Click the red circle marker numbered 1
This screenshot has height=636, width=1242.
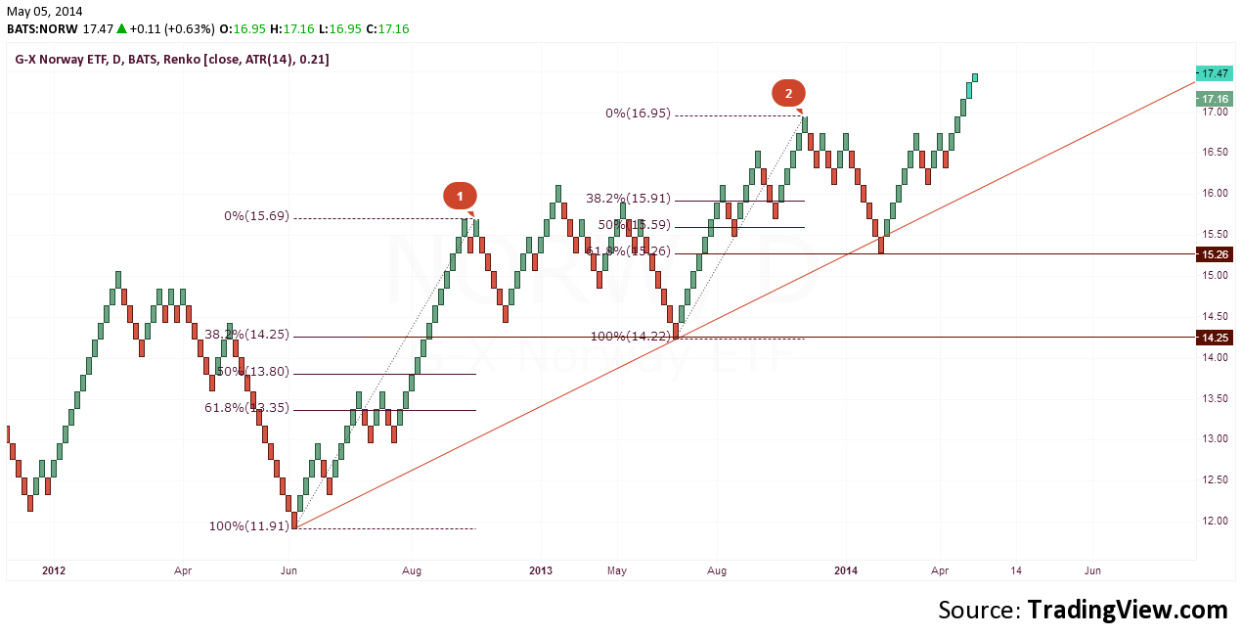coord(460,196)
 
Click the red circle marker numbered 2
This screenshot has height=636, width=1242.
coord(788,93)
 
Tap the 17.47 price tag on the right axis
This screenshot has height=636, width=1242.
coord(1216,73)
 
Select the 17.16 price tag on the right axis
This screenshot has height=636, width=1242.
coord(1216,99)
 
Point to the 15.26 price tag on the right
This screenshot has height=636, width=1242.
coord(1216,253)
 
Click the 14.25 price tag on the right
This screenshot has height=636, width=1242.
coord(1216,337)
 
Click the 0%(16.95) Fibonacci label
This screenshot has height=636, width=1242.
coord(638,114)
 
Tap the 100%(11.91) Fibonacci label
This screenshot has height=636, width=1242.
coord(249,526)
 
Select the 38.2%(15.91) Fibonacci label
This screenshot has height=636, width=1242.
coord(626,198)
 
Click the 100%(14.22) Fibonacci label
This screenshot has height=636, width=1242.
coord(631,337)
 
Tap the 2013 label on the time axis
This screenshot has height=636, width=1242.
coord(540,569)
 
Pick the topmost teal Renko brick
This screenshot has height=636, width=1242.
coord(975,77)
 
